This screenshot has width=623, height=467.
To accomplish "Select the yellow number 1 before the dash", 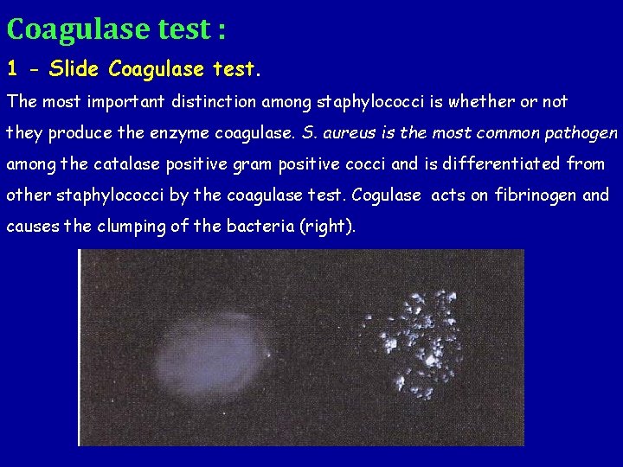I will click(12, 67).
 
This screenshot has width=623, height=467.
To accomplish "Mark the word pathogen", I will click(585, 134).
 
